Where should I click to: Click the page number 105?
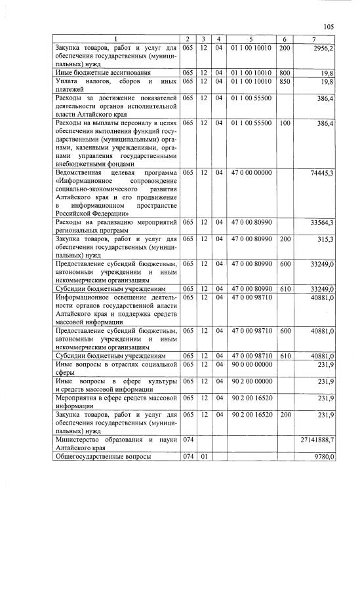(329, 26)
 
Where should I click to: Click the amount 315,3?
(324, 240)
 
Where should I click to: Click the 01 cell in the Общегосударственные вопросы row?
(205, 457)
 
